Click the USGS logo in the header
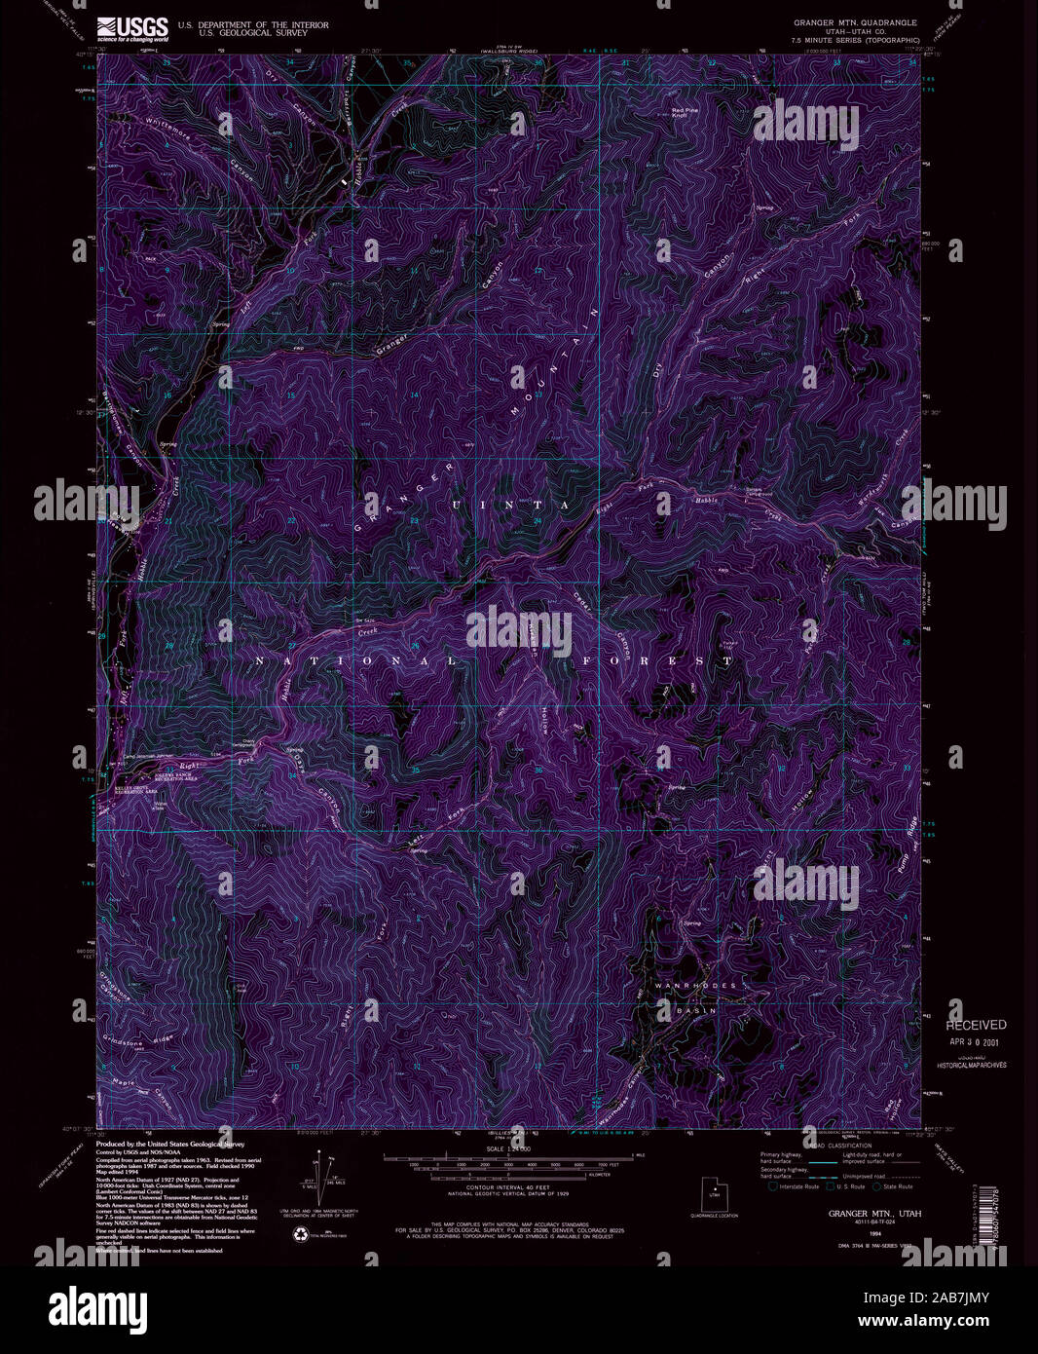(132, 27)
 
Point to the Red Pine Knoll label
(686, 113)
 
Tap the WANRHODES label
(699, 986)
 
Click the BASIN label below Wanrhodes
(696, 1010)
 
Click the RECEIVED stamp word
(976, 1025)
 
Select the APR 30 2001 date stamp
(977, 1041)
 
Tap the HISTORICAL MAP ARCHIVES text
(972, 1066)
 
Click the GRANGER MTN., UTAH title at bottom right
(873, 1214)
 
